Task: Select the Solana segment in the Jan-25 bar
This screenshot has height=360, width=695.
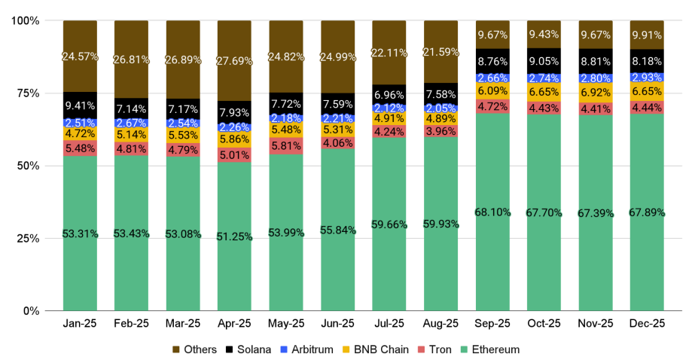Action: click(x=80, y=105)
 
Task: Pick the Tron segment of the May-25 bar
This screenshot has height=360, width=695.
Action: click(x=286, y=146)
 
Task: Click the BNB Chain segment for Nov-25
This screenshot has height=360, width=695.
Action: click(x=596, y=93)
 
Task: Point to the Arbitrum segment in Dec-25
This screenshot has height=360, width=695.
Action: click(x=648, y=78)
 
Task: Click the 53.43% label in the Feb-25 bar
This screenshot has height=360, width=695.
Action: click(x=131, y=233)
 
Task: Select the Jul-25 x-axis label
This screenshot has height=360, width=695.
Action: click(x=389, y=325)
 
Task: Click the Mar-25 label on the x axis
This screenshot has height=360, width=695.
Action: click(x=183, y=325)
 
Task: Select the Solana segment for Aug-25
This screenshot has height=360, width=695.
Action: click(x=440, y=93)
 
